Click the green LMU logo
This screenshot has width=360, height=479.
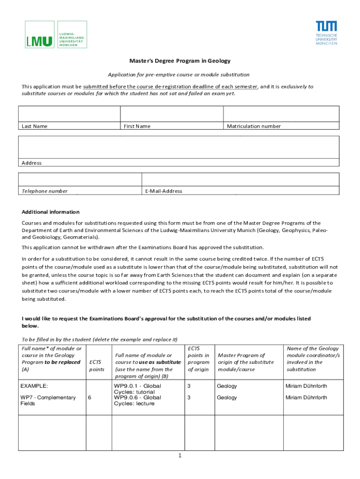tap(56, 34)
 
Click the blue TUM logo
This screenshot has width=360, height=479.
tap(326, 32)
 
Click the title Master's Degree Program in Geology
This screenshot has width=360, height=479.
tap(180, 61)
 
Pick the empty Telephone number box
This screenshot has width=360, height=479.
tap(80, 179)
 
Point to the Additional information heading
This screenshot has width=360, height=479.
tap(50, 212)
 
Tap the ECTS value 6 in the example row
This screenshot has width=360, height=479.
tap(89, 397)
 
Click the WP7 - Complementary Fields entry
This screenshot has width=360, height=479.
tap(48, 400)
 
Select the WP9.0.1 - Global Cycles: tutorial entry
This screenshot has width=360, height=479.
tap(137, 389)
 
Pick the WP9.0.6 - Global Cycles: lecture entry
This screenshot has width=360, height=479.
tap(137, 400)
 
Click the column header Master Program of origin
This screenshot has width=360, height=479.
tap(245, 362)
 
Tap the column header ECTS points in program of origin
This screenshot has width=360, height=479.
tap(198, 359)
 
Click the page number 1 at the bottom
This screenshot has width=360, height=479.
tap(180, 456)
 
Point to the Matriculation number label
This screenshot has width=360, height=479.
tap(254, 126)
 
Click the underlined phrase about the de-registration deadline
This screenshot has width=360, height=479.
tap(170, 87)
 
